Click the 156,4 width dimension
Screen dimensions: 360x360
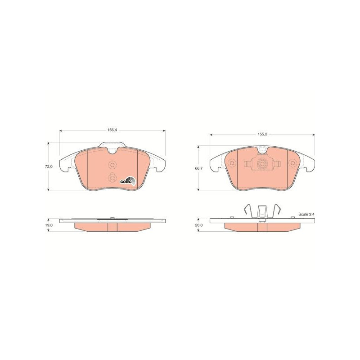[112, 130]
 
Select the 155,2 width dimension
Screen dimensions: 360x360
[262, 135]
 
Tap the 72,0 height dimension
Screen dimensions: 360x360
[49, 166]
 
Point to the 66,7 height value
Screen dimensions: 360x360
[199, 168]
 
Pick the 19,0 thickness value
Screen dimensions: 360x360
[49, 225]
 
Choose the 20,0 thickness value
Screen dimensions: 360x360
[199, 225]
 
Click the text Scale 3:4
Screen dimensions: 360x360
[306, 214]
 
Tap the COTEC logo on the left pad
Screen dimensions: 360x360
[128, 181]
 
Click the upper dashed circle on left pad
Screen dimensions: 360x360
[112, 164]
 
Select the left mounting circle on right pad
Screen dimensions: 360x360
[232, 163]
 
